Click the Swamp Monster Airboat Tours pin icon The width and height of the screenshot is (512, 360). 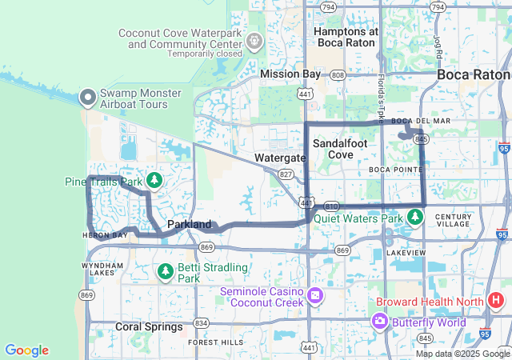click(x=88, y=98)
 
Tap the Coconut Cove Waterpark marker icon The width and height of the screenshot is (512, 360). click(x=254, y=39)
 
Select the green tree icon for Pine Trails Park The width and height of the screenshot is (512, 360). click(x=154, y=181)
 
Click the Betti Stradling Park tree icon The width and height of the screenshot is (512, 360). click(x=166, y=272)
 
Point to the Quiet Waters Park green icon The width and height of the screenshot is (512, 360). click(x=414, y=217)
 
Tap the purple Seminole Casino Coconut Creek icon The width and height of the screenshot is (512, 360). click(x=315, y=295)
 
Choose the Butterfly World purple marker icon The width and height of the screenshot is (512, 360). click(x=380, y=322)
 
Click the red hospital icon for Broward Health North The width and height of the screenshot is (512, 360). click(x=496, y=302)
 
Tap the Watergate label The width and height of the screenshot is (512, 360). click(x=280, y=158)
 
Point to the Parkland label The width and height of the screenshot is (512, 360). click(x=190, y=225)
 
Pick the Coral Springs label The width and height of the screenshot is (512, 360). click(x=149, y=326)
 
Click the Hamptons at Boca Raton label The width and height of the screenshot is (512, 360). click(x=347, y=37)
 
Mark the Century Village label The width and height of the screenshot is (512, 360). click(x=454, y=221)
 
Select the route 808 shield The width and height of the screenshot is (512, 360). click(x=338, y=74)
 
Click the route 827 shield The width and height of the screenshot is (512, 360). click(x=285, y=173)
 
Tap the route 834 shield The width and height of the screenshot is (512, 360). click(x=201, y=323)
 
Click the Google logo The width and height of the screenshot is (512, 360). click(x=27, y=350)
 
